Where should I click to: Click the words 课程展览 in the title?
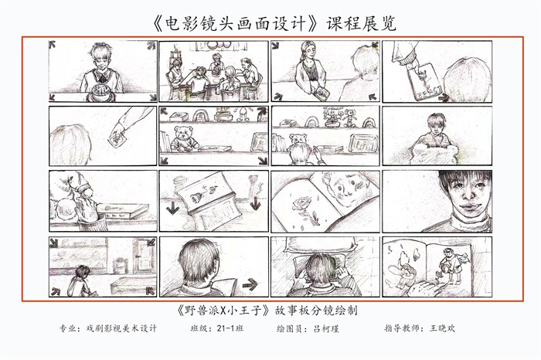(361, 23)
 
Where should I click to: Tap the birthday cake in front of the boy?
(101, 92)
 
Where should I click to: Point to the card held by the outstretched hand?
(117, 141)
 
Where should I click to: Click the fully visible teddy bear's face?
(183, 133)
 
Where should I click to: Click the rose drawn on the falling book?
(197, 196)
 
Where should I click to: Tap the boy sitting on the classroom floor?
(81, 280)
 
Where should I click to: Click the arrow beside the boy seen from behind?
(250, 285)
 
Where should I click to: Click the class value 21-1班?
(230, 328)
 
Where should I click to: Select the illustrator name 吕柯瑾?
(326, 328)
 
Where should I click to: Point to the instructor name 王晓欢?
(442, 328)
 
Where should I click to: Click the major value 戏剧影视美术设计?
(121, 328)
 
